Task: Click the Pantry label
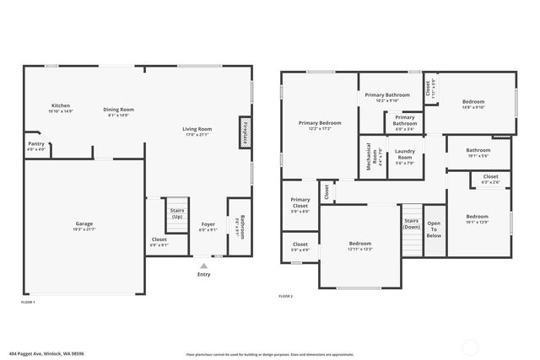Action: coord(36,146)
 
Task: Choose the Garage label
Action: coord(84,226)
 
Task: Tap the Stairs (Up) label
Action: coord(177,214)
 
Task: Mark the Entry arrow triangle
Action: coord(203,265)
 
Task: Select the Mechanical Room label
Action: coord(369,157)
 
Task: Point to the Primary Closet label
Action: coord(300,207)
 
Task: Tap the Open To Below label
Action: coord(433,229)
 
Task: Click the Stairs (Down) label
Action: coord(411,223)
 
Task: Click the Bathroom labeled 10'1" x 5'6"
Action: coord(478,153)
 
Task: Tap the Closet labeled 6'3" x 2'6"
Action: coord(490,180)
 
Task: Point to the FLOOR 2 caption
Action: coord(286,297)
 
